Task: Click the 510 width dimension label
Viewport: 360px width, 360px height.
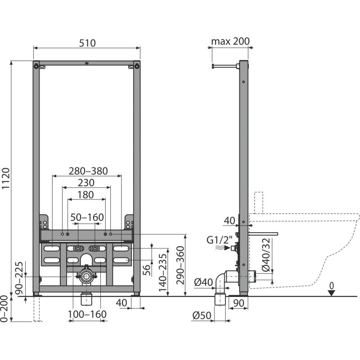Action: (87, 43)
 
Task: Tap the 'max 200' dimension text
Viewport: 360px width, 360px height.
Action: (230, 41)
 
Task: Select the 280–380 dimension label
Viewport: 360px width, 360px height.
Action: (88, 171)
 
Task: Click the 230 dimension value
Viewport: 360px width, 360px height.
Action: (86, 183)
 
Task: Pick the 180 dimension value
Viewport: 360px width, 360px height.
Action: (85, 195)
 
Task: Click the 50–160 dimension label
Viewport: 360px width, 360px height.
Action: (87, 217)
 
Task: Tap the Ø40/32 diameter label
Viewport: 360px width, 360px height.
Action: (266, 255)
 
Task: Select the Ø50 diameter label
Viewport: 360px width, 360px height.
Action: (202, 315)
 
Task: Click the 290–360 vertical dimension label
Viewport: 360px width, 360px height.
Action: (180, 265)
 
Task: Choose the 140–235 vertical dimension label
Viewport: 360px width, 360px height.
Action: (163, 273)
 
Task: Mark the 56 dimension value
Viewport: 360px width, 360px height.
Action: (147, 270)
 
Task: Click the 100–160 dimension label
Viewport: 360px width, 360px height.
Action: (87, 314)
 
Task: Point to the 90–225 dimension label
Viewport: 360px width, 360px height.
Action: (19, 278)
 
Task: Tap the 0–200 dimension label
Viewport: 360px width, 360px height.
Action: (4, 309)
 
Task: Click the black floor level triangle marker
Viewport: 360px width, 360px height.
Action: (331, 293)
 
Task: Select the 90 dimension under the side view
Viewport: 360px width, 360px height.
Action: (238, 303)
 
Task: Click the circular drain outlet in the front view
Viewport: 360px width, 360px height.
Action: (86, 276)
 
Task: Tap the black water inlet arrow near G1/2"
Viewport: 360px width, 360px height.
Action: (227, 248)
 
